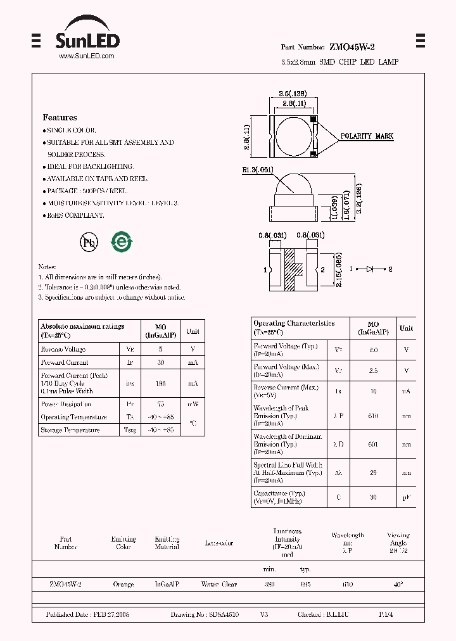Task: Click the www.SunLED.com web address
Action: click(86, 56)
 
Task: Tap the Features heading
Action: click(60, 117)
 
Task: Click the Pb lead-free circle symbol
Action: click(88, 241)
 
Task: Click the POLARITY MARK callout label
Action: click(367, 136)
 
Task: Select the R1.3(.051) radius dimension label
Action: click(256, 169)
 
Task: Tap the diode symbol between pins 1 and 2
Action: click(370, 269)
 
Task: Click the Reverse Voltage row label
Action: click(63, 349)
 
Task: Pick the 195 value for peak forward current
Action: click(161, 383)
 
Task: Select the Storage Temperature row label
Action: click(70, 430)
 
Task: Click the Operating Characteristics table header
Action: click(294, 323)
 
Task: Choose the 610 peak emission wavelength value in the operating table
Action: click(373, 416)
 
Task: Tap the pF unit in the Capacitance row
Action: click(406, 497)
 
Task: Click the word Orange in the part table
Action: click(123, 584)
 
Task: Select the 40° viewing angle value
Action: click(398, 584)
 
